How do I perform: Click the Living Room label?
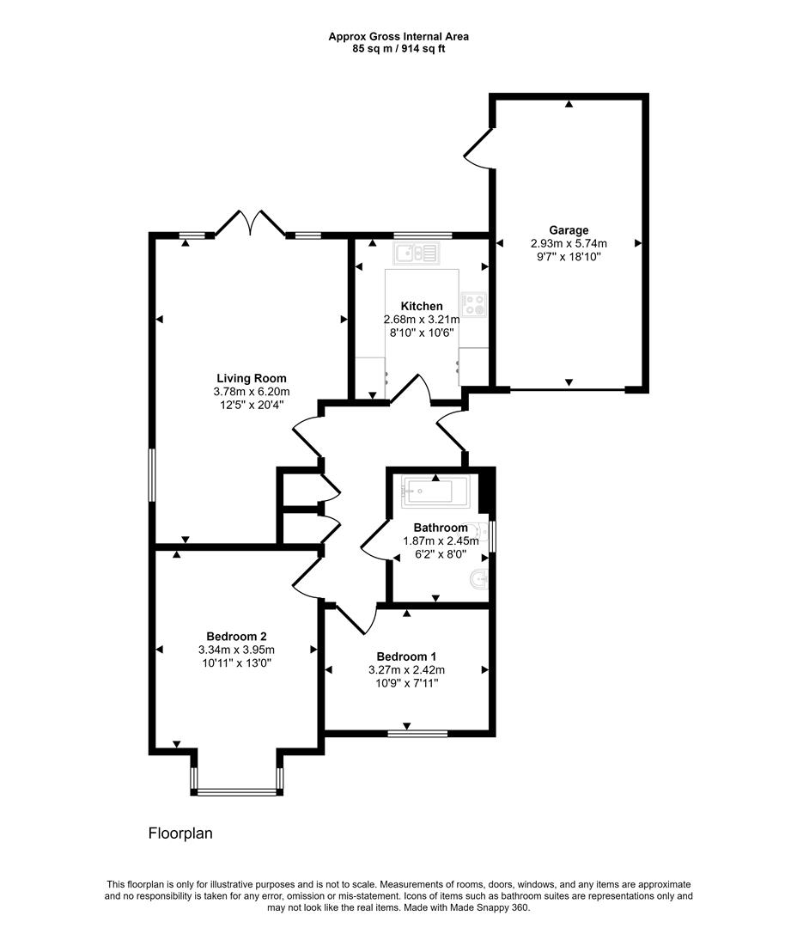[251, 378]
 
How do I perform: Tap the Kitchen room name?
[422, 306]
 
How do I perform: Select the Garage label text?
[569, 229]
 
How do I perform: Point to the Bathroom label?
[441, 528]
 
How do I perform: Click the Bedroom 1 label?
[406, 656]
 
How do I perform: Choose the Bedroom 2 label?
[235, 636]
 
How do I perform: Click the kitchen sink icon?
[416, 253]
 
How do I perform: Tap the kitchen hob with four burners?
[474, 304]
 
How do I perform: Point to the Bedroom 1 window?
[417, 733]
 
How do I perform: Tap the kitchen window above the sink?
[423, 235]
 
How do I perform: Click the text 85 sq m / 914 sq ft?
[398, 49]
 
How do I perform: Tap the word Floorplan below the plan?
[180, 833]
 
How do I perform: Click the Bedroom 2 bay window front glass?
[237, 792]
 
